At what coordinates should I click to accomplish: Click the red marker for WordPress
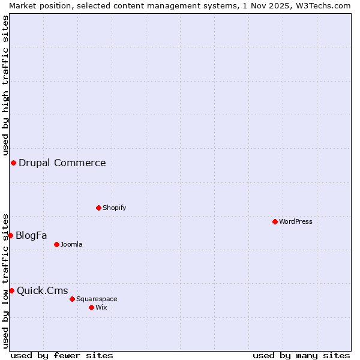tap(275, 221)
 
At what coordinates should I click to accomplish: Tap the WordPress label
tap(296, 221)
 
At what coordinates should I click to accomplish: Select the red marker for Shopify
tap(98, 208)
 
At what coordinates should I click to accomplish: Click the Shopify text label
tap(115, 208)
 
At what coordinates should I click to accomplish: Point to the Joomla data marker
tap(56, 244)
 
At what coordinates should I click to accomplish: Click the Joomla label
tap(71, 244)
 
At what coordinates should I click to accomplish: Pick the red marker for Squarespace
tap(72, 299)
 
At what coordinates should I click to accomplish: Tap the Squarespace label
tap(97, 299)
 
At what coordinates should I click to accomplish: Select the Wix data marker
tap(91, 307)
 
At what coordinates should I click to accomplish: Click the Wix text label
tap(101, 307)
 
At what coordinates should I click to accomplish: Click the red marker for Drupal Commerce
tap(13, 163)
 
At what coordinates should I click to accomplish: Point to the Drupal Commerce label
tap(62, 163)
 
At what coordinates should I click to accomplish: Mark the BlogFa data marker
tap(10, 235)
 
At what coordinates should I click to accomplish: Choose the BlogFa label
tap(31, 235)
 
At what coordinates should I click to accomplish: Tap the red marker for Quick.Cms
tap(11, 290)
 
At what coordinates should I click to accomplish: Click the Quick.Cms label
tap(42, 291)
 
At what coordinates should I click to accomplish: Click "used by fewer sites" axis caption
tap(62, 355)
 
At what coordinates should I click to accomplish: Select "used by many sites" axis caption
tap(301, 355)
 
